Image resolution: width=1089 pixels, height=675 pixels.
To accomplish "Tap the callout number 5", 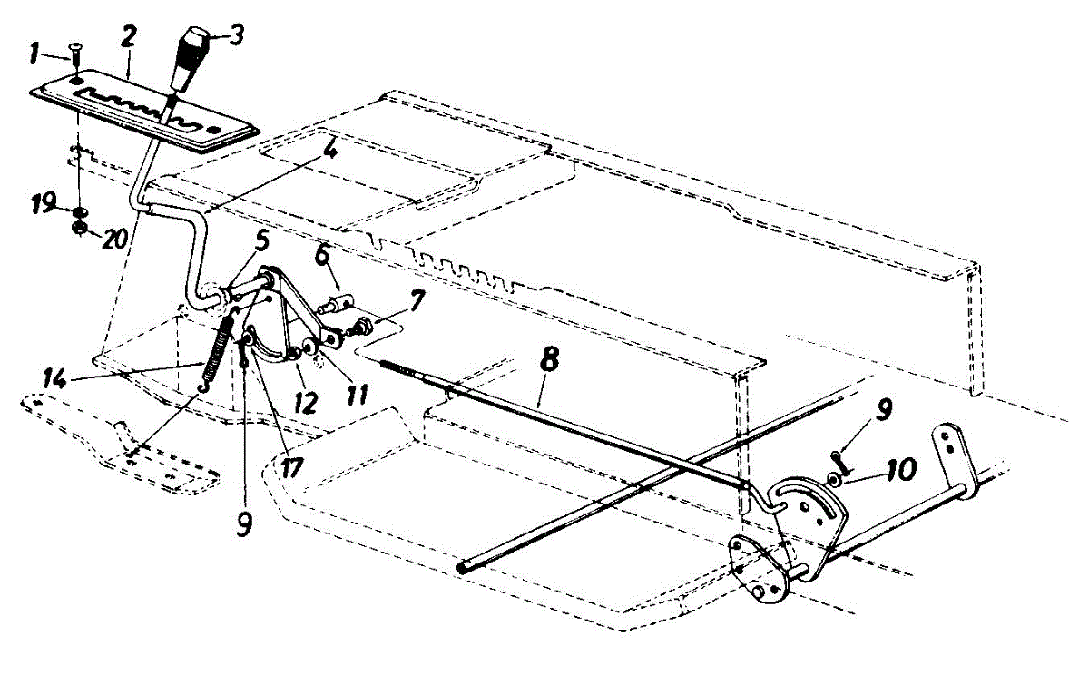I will click(261, 243).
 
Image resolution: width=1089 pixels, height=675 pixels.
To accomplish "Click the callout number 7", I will click(416, 299).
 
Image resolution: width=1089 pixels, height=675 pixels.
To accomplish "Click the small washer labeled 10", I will click(833, 476).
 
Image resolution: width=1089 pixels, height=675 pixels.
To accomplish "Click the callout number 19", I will click(43, 202).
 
